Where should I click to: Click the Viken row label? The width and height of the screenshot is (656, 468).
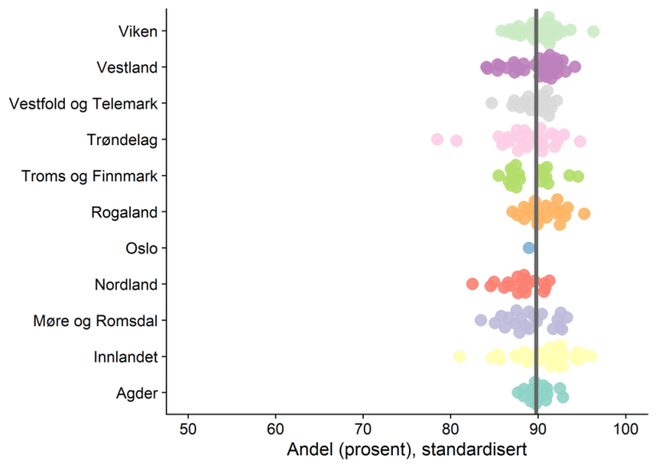138,32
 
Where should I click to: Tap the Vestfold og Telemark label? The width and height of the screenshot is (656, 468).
83,103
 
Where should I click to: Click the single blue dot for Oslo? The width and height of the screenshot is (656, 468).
529,248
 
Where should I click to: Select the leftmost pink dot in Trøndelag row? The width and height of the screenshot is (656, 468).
437,139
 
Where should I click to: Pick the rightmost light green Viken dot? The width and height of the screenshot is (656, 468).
594,32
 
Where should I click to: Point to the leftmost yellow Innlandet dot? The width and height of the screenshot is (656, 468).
460,356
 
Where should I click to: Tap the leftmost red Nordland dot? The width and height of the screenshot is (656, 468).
472,284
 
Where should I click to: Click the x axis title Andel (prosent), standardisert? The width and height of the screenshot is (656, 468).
407,448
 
